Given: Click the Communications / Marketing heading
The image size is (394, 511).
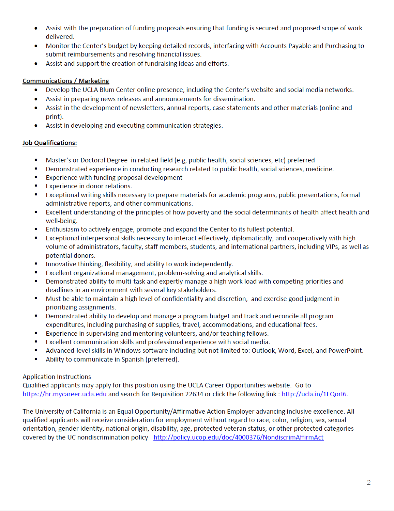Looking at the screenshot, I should point(66,81).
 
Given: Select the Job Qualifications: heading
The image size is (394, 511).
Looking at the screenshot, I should point(50,143).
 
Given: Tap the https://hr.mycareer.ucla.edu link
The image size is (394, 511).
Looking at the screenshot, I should point(64,394).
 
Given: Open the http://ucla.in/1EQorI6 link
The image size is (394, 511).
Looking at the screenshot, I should point(314,394).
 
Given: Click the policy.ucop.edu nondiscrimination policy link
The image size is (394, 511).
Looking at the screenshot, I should point(238,437).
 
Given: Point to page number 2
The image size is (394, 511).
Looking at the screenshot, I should point(368,482).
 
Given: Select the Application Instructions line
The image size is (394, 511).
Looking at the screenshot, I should point(57,377).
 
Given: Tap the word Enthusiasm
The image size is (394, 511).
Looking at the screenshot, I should point(62,229).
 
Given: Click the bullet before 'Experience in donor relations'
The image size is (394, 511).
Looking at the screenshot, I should point(36,186).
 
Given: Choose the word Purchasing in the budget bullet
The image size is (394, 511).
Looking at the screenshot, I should point(341,46).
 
